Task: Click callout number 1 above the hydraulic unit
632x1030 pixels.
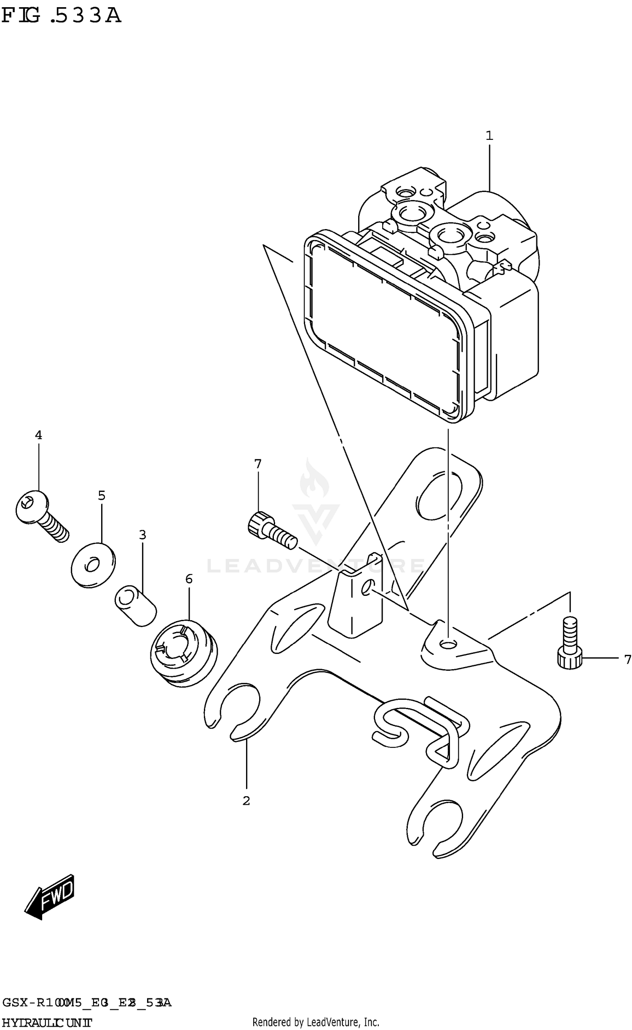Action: point(489,136)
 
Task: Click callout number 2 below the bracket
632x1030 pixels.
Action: point(246,801)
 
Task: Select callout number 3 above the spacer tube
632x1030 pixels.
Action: point(142,535)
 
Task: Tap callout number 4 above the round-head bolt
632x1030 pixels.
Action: point(38,435)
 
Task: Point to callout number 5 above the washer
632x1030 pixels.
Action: point(102,495)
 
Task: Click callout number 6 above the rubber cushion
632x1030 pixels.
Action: point(189,579)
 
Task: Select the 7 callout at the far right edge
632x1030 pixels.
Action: point(627,659)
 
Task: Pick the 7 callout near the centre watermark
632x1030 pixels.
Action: point(258,464)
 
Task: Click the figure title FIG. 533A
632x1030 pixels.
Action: point(61,16)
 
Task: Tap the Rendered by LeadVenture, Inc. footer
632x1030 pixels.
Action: point(316,1021)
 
